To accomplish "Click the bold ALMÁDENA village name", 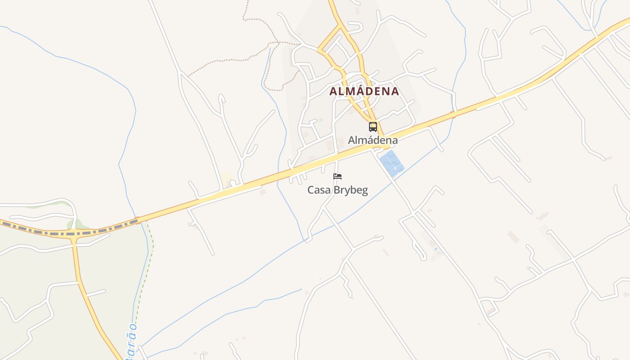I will pos(364,91).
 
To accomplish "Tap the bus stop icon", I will pos(373,126).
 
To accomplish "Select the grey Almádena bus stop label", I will pos(373,140).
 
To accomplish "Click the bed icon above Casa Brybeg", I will pos(337,176).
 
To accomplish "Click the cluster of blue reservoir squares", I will pos(391,163).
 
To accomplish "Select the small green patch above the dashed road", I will pos(79,224).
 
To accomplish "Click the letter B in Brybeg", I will pos(336,190).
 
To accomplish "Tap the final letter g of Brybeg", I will pos(364,191).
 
